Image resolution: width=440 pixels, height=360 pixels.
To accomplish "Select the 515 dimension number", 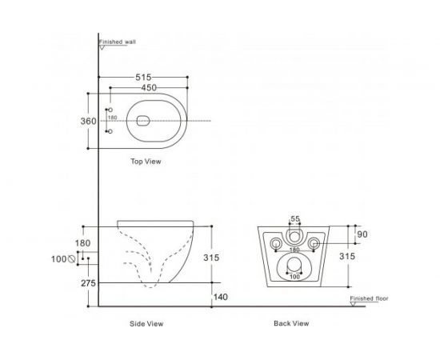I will click(145, 77).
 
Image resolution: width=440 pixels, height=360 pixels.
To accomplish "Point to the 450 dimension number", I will click(145, 88).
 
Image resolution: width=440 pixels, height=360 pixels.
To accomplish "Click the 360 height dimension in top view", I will click(88, 121).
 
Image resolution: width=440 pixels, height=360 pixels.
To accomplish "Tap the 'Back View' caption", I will click(291, 324).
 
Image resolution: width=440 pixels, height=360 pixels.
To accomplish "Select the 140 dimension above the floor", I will click(219, 296).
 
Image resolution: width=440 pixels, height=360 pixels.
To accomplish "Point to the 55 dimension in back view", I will click(294, 219).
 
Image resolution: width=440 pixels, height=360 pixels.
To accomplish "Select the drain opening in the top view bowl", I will click(143, 121).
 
